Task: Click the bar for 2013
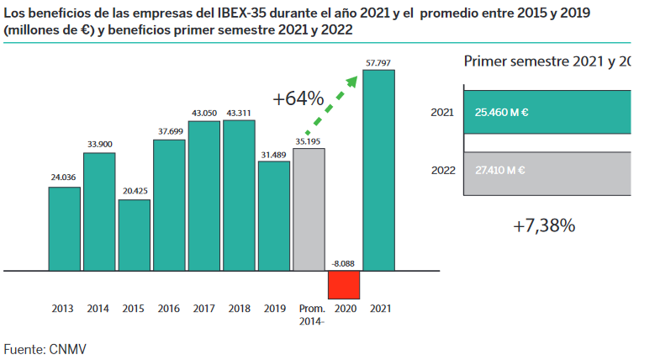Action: [x=65, y=229]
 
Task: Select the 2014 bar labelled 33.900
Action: [x=99, y=212]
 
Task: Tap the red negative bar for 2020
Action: [x=344, y=284]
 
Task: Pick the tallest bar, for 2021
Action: [x=378, y=171]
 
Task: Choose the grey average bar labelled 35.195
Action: [x=309, y=209]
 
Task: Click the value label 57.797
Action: [x=378, y=61]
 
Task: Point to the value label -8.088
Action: [x=344, y=263]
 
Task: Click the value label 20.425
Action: [x=135, y=192]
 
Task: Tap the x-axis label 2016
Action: [x=169, y=309]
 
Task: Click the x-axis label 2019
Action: [x=274, y=309]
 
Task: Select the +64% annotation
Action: [x=298, y=98]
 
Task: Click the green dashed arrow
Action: [x=333, y=104]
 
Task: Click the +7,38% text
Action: [x=544, y=225]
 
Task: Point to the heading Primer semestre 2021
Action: [x=538, y=61]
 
